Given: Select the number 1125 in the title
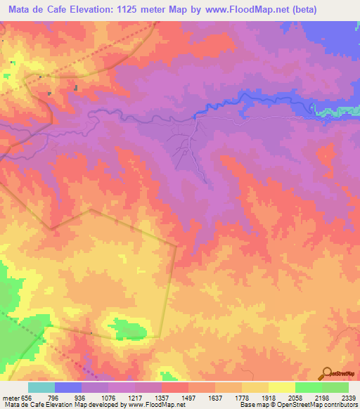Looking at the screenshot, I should (x=136, y=9).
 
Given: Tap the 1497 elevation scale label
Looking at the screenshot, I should (x=188, y=397).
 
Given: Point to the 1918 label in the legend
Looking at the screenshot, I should (x=268, y=397).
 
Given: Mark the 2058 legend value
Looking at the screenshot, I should (x=295, y=397).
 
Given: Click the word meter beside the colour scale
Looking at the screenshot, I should (x=11, y=397).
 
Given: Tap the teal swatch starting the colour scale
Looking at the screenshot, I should (x=41, y=387).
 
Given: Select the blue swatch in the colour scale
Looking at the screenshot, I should (x=68, y=387).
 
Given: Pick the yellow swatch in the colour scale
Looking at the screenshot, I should (x=282, y=387).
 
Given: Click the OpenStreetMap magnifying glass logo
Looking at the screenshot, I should (x=327, y=373).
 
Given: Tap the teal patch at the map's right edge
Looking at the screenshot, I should (x=337, y=110).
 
